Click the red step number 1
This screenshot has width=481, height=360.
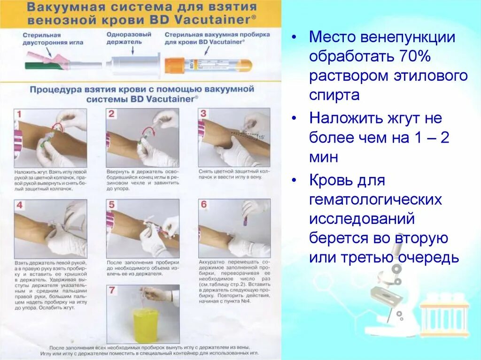pos(19,115)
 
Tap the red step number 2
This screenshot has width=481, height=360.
pos(112,114)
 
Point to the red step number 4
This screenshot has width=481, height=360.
pos(20,205)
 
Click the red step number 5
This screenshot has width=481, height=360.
pos(112,205)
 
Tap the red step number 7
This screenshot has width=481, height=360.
pos(112,291)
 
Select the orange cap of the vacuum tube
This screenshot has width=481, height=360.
pos(175,65)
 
